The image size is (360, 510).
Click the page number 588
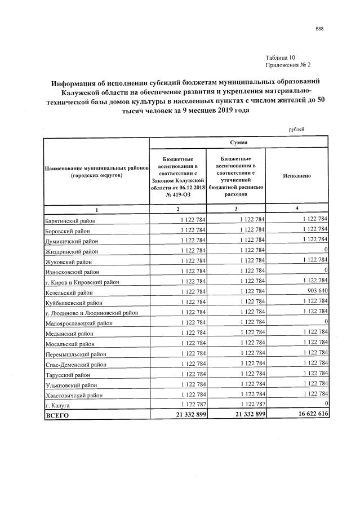pyautogui.click(x=320, y=28)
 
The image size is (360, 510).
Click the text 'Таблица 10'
pyautogui.click(x=279, y=59)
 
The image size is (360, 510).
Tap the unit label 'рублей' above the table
pyautogui.click(x=296, y=129)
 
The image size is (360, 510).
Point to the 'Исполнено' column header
pyautogui.click(x=297, y=176)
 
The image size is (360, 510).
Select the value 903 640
pyautogui.click(x=315, y=292)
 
